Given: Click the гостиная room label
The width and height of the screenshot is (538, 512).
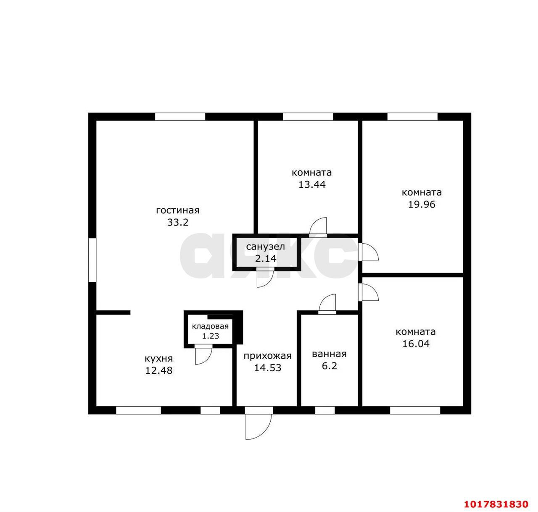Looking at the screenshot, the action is click(x=178, y=211).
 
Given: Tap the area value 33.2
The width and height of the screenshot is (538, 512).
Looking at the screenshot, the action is click(x=178, y=223).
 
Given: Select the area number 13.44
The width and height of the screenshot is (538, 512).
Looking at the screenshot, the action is click(x=312, y=185).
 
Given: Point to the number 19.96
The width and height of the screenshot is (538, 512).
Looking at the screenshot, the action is click(x=422, y=204).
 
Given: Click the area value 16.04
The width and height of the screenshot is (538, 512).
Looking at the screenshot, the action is click(x=416, y=344).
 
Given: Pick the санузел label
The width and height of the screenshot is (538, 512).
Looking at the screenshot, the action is click(x=266, y=247).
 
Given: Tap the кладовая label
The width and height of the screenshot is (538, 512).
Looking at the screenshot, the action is click(x=210, y=326).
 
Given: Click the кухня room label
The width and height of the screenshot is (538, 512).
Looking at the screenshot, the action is click(x=158, y=359).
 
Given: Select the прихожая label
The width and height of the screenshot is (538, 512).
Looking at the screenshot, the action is click(x=268, y=356).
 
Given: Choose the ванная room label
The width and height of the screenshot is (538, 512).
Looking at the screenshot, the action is click(x=329, y=354).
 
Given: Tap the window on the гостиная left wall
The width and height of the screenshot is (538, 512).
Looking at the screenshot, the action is click(x=92, y=260).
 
